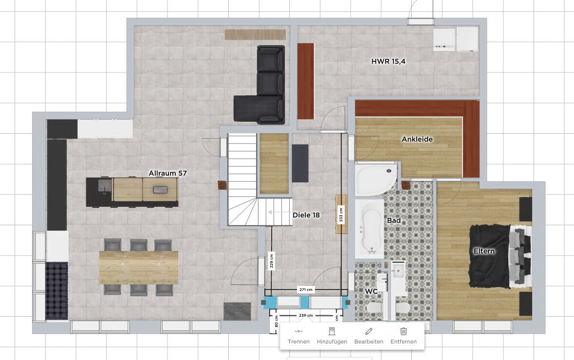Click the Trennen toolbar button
(298, 336)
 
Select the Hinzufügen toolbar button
(332, 336)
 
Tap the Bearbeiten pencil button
(369, 336)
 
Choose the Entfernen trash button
(404, 336)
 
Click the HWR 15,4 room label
(389, 61)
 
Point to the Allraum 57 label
(167, 173)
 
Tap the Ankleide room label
(417, 139)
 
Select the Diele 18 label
(306, 215)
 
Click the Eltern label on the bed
(484, 251)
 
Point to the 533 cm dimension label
(341, 215)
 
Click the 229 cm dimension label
(272, 260)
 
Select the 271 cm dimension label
(306, 289)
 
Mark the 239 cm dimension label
(306, 315)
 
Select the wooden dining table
(139, 268)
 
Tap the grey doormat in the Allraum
(237, 311)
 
